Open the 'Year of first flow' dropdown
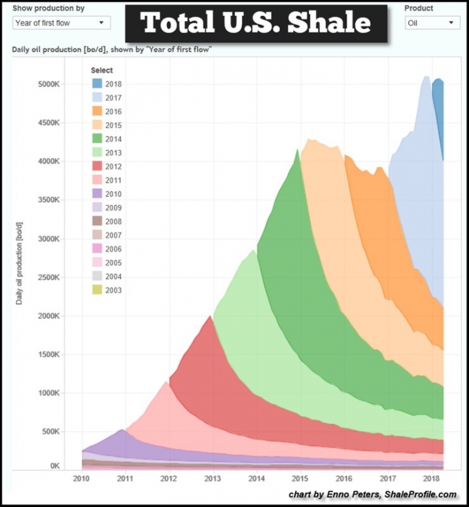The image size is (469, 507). click(61, 23)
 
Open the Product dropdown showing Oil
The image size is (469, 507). click(432, 23)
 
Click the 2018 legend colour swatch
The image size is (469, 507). click(98, 84)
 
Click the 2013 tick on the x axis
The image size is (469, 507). click(212, 478)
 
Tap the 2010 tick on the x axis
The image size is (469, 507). click(81, 478)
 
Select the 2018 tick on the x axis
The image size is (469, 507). click(431, 478)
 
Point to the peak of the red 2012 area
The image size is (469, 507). click(210, 317)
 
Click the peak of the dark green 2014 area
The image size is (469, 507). click(298, 150)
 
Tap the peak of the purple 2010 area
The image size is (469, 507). click(122, 430)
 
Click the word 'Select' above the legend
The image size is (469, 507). click(102, 70)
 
